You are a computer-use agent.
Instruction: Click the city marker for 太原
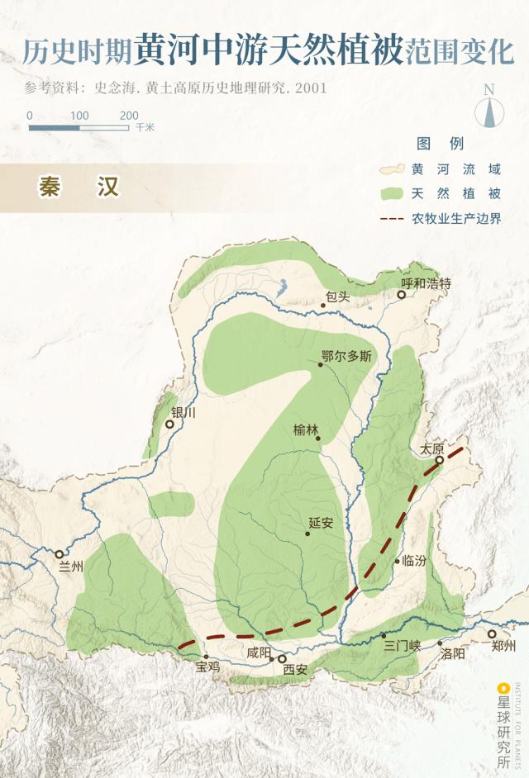[441, 460]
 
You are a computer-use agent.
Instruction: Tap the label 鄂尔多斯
[346, 357]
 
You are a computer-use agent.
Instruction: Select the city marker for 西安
[283, 658]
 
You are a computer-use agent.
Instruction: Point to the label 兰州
[72, 567]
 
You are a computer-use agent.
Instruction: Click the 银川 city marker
[169, 424]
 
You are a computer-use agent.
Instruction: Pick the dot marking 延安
[307, 534]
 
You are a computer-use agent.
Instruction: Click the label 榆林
[306, 429]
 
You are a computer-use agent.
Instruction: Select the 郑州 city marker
[492, 634]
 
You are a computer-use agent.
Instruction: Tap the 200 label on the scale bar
[129, 116]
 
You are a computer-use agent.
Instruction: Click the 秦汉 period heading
[79, 187]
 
